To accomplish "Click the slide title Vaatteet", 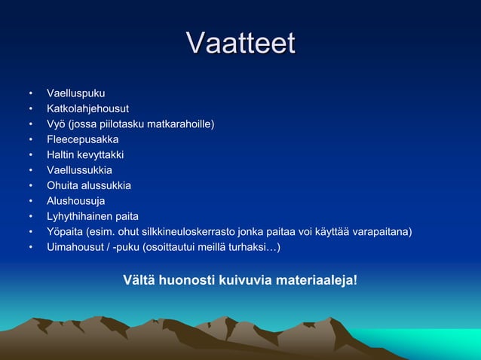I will point(240,43).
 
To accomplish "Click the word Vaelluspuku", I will point(76,93).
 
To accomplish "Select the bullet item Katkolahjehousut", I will point(87,108).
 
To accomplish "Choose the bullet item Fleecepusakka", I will point(82,139).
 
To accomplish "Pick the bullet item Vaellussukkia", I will point(79,170).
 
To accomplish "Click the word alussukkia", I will point(104,185).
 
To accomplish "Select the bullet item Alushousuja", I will point(76,201).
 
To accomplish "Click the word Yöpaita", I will point(66,231).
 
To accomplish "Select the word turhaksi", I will point(253,247).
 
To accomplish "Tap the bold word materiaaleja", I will point(317,281).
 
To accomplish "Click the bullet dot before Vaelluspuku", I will point(31,94).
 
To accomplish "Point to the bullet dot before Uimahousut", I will point(31,248).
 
